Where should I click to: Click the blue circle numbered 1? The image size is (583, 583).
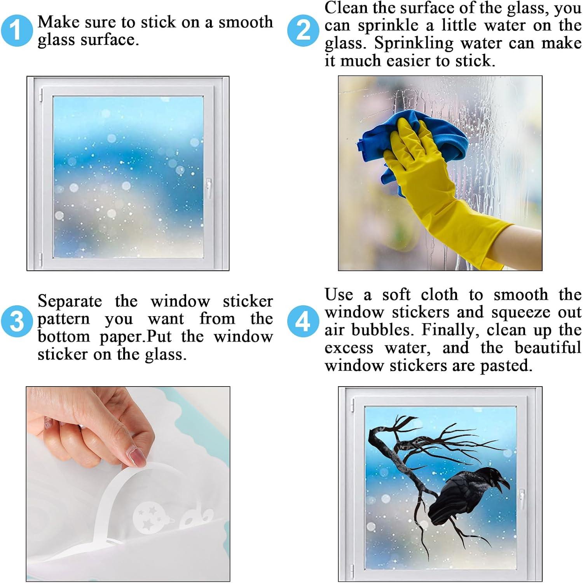click(16, 31)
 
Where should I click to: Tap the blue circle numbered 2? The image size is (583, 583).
click(303, 31)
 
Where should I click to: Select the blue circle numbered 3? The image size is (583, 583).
click(16, 321)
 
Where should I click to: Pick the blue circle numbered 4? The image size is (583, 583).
click(303, 321)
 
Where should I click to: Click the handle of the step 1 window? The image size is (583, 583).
click(209, 188)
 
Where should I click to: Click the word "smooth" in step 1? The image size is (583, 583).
click(246, 22)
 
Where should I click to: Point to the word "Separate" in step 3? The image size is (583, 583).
click(70, 301)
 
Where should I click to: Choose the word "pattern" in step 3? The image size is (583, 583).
click(64, 319)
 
